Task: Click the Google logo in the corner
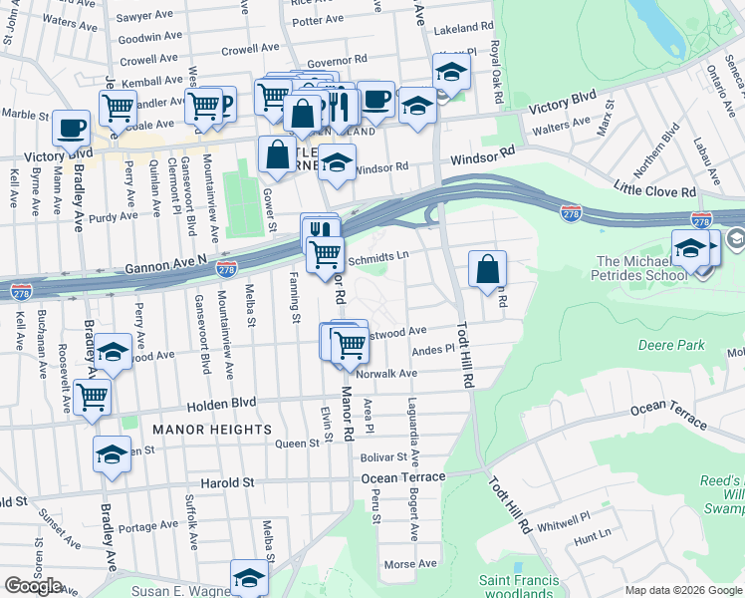33,586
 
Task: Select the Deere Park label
668,346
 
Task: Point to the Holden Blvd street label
222,403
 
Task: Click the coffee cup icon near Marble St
71,129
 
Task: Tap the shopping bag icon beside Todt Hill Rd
487,269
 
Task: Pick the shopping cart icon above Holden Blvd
92,397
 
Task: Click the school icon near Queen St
112,453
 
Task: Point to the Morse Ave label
410,563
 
